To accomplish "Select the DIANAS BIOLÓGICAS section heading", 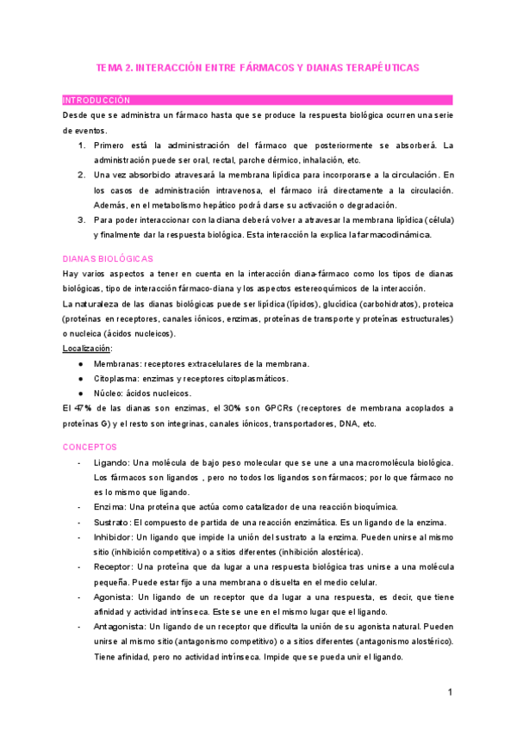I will [108, 258].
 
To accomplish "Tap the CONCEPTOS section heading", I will [97, 447].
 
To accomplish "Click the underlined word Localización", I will [87, 349].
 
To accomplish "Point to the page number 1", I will [450, 692].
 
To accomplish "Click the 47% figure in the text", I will [84, 408].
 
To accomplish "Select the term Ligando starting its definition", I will [111, 463].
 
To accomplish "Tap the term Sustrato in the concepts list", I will [112, 523].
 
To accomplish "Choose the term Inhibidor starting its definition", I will [113, 537].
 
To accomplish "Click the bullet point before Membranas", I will [80, 364].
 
